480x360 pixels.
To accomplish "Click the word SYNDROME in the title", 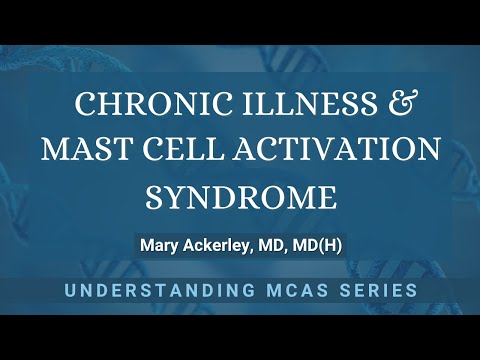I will click(x=240, y=197).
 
